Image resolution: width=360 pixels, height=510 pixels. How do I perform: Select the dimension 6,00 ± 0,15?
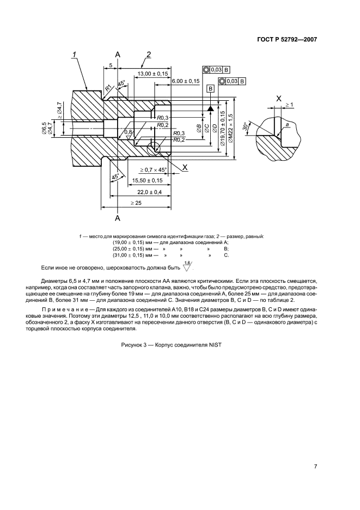(x=186, y=81)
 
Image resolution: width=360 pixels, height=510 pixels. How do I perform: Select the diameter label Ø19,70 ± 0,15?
(x=223, y=131)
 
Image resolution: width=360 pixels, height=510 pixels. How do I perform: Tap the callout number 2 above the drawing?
(x=148, y=53)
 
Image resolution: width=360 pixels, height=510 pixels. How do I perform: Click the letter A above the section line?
(x=118, y=53)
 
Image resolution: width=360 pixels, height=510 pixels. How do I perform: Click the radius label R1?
(x=108, y=87)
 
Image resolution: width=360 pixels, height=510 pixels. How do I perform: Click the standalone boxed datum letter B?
(x=210, y=88)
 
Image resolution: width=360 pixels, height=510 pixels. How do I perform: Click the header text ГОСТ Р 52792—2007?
(x=288, y=39)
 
